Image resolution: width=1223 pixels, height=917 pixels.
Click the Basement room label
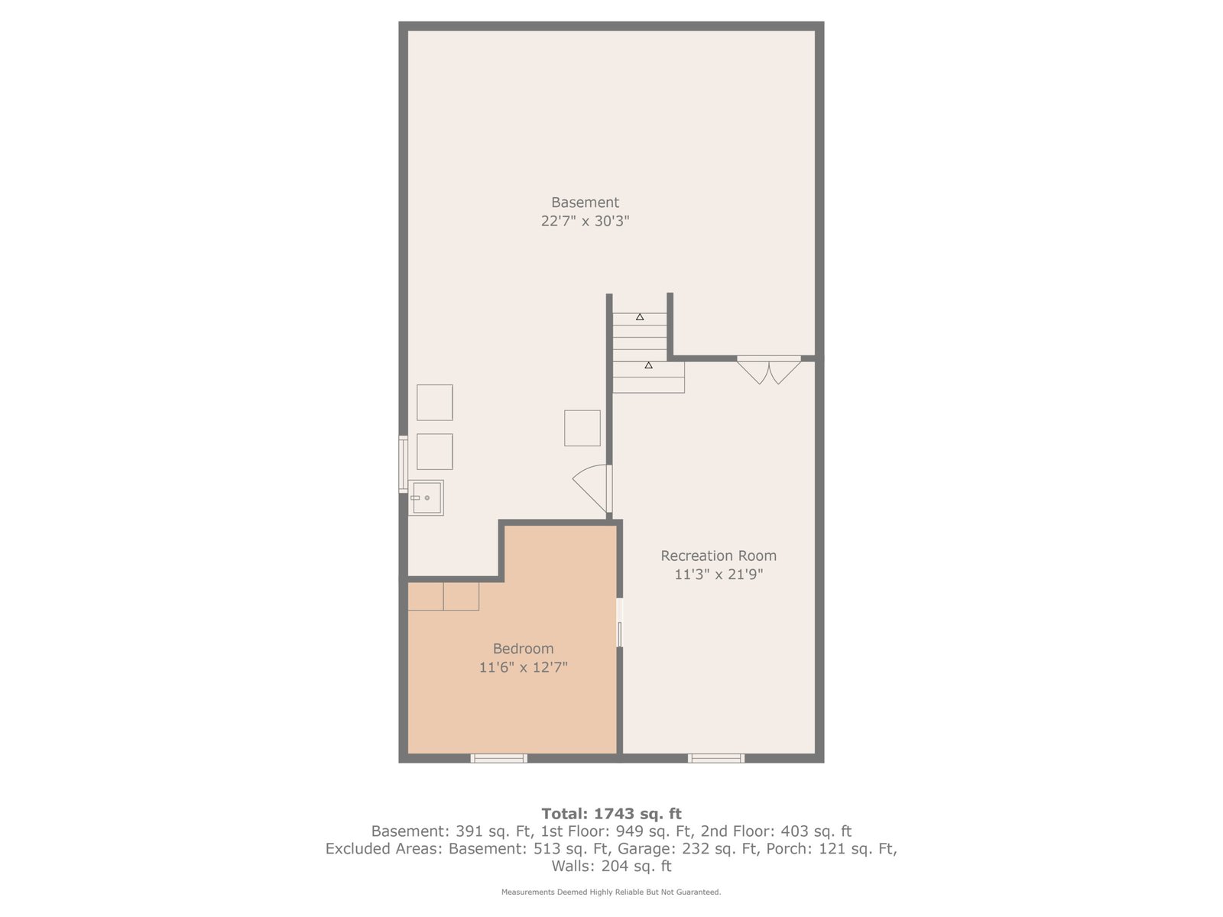(585, 202)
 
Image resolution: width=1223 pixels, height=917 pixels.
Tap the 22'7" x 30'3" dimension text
(585, 221)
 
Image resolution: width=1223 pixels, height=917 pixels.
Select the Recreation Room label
(719, 556)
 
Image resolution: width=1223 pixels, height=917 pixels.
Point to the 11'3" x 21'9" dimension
(719, 574)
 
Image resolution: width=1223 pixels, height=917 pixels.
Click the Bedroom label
(523, 649)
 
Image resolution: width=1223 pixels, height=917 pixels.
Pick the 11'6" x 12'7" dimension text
(523, 667)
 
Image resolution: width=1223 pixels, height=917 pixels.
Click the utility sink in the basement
(426, 497)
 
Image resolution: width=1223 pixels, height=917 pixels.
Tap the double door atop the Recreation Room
(769, 370)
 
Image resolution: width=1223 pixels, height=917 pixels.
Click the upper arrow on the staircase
(640, 317)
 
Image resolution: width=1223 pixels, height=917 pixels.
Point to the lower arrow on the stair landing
(648, 365)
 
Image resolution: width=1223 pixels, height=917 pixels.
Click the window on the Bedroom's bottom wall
(498, 758)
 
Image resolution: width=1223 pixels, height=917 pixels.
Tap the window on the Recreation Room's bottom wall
(716, 758)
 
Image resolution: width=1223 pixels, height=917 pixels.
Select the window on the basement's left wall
(403, 465)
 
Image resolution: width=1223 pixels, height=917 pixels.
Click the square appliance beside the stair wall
(582, 428)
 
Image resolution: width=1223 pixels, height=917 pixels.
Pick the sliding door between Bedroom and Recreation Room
(619, 623)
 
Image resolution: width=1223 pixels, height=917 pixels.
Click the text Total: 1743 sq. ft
(611, 814)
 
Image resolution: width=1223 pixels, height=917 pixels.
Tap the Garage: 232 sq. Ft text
(689, 848)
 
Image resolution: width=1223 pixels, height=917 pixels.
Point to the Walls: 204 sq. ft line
(611, 866)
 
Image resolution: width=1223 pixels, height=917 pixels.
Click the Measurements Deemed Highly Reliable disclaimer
(611, 892)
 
